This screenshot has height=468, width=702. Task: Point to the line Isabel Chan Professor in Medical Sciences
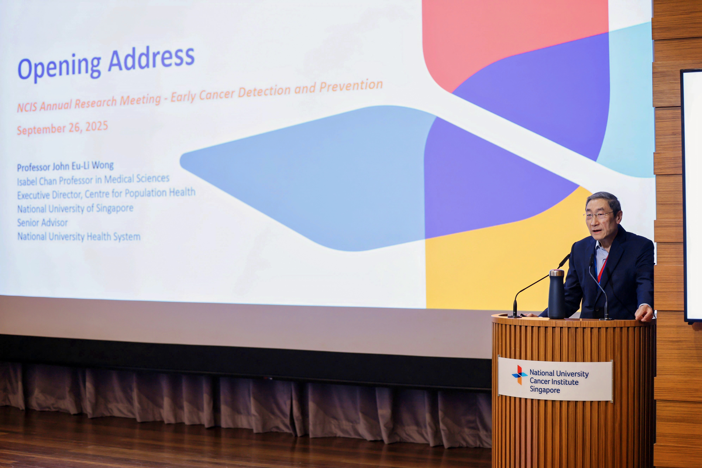(x=93, y=180)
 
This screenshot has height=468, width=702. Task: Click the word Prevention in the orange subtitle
(x=351, y=86)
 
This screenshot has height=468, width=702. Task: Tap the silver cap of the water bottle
(x=557, y=272)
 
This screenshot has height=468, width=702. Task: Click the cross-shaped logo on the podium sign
(x=519, y=375)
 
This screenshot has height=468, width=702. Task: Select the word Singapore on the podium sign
(x=545, y=390)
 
